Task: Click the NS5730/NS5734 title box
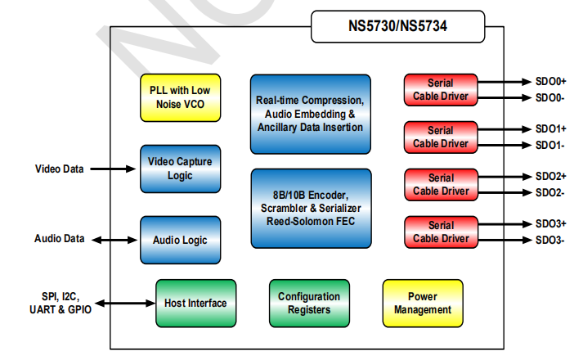398,27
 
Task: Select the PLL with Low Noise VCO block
180,97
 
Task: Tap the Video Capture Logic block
180,169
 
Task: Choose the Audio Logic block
180,240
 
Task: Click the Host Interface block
195,303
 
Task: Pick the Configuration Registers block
309,303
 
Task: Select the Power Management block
423,303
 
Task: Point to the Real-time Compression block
310,114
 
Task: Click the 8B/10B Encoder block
310,208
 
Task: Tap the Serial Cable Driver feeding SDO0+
440,90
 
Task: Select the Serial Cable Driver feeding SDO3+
440,232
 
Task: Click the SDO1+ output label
550,129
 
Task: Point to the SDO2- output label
549,192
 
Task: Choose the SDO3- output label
549,240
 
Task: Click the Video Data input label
59,169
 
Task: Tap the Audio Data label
59,240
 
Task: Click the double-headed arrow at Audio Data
114,240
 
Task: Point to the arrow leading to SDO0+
503,82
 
